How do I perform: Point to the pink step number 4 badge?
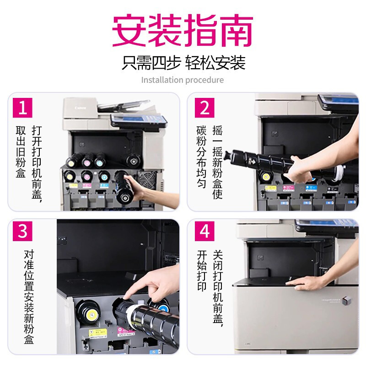pyautogui.click(x=205, y=231)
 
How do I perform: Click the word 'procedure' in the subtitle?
pyautogui.click(x=205, y=80)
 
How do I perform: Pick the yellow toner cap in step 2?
pyautogui.click(x=265, y=177)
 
